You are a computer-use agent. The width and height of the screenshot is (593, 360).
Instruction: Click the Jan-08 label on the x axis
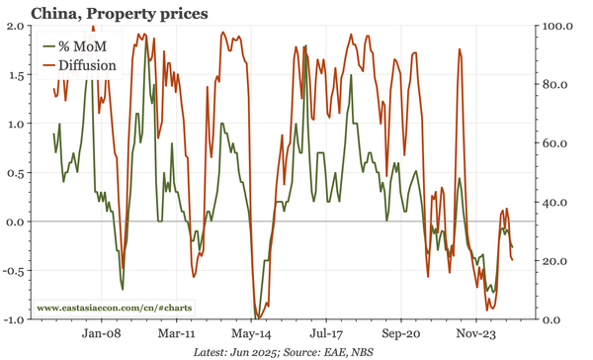coord(100,333)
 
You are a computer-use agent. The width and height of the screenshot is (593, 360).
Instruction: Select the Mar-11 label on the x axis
coord(175,333)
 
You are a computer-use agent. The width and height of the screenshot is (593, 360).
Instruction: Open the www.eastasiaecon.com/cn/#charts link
coord(115,308)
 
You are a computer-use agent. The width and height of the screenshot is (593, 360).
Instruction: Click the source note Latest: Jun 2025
coord(250,351)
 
